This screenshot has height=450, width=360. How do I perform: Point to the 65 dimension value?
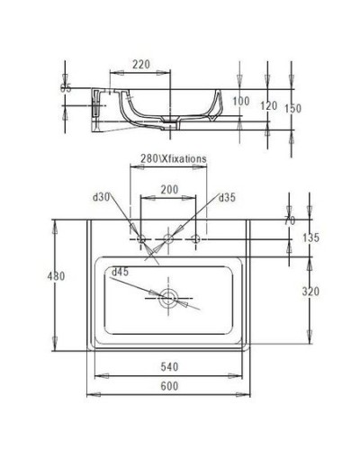point(65,88)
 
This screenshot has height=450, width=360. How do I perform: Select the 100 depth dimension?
point(240,101)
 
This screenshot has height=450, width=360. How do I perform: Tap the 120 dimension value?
point(268,105)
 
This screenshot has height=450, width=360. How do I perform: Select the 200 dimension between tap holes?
point(168,191)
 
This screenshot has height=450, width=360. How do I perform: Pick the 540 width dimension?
point(168,368)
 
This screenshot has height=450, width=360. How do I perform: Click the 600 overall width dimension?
point(168,386)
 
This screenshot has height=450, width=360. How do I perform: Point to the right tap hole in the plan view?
point(197,238)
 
